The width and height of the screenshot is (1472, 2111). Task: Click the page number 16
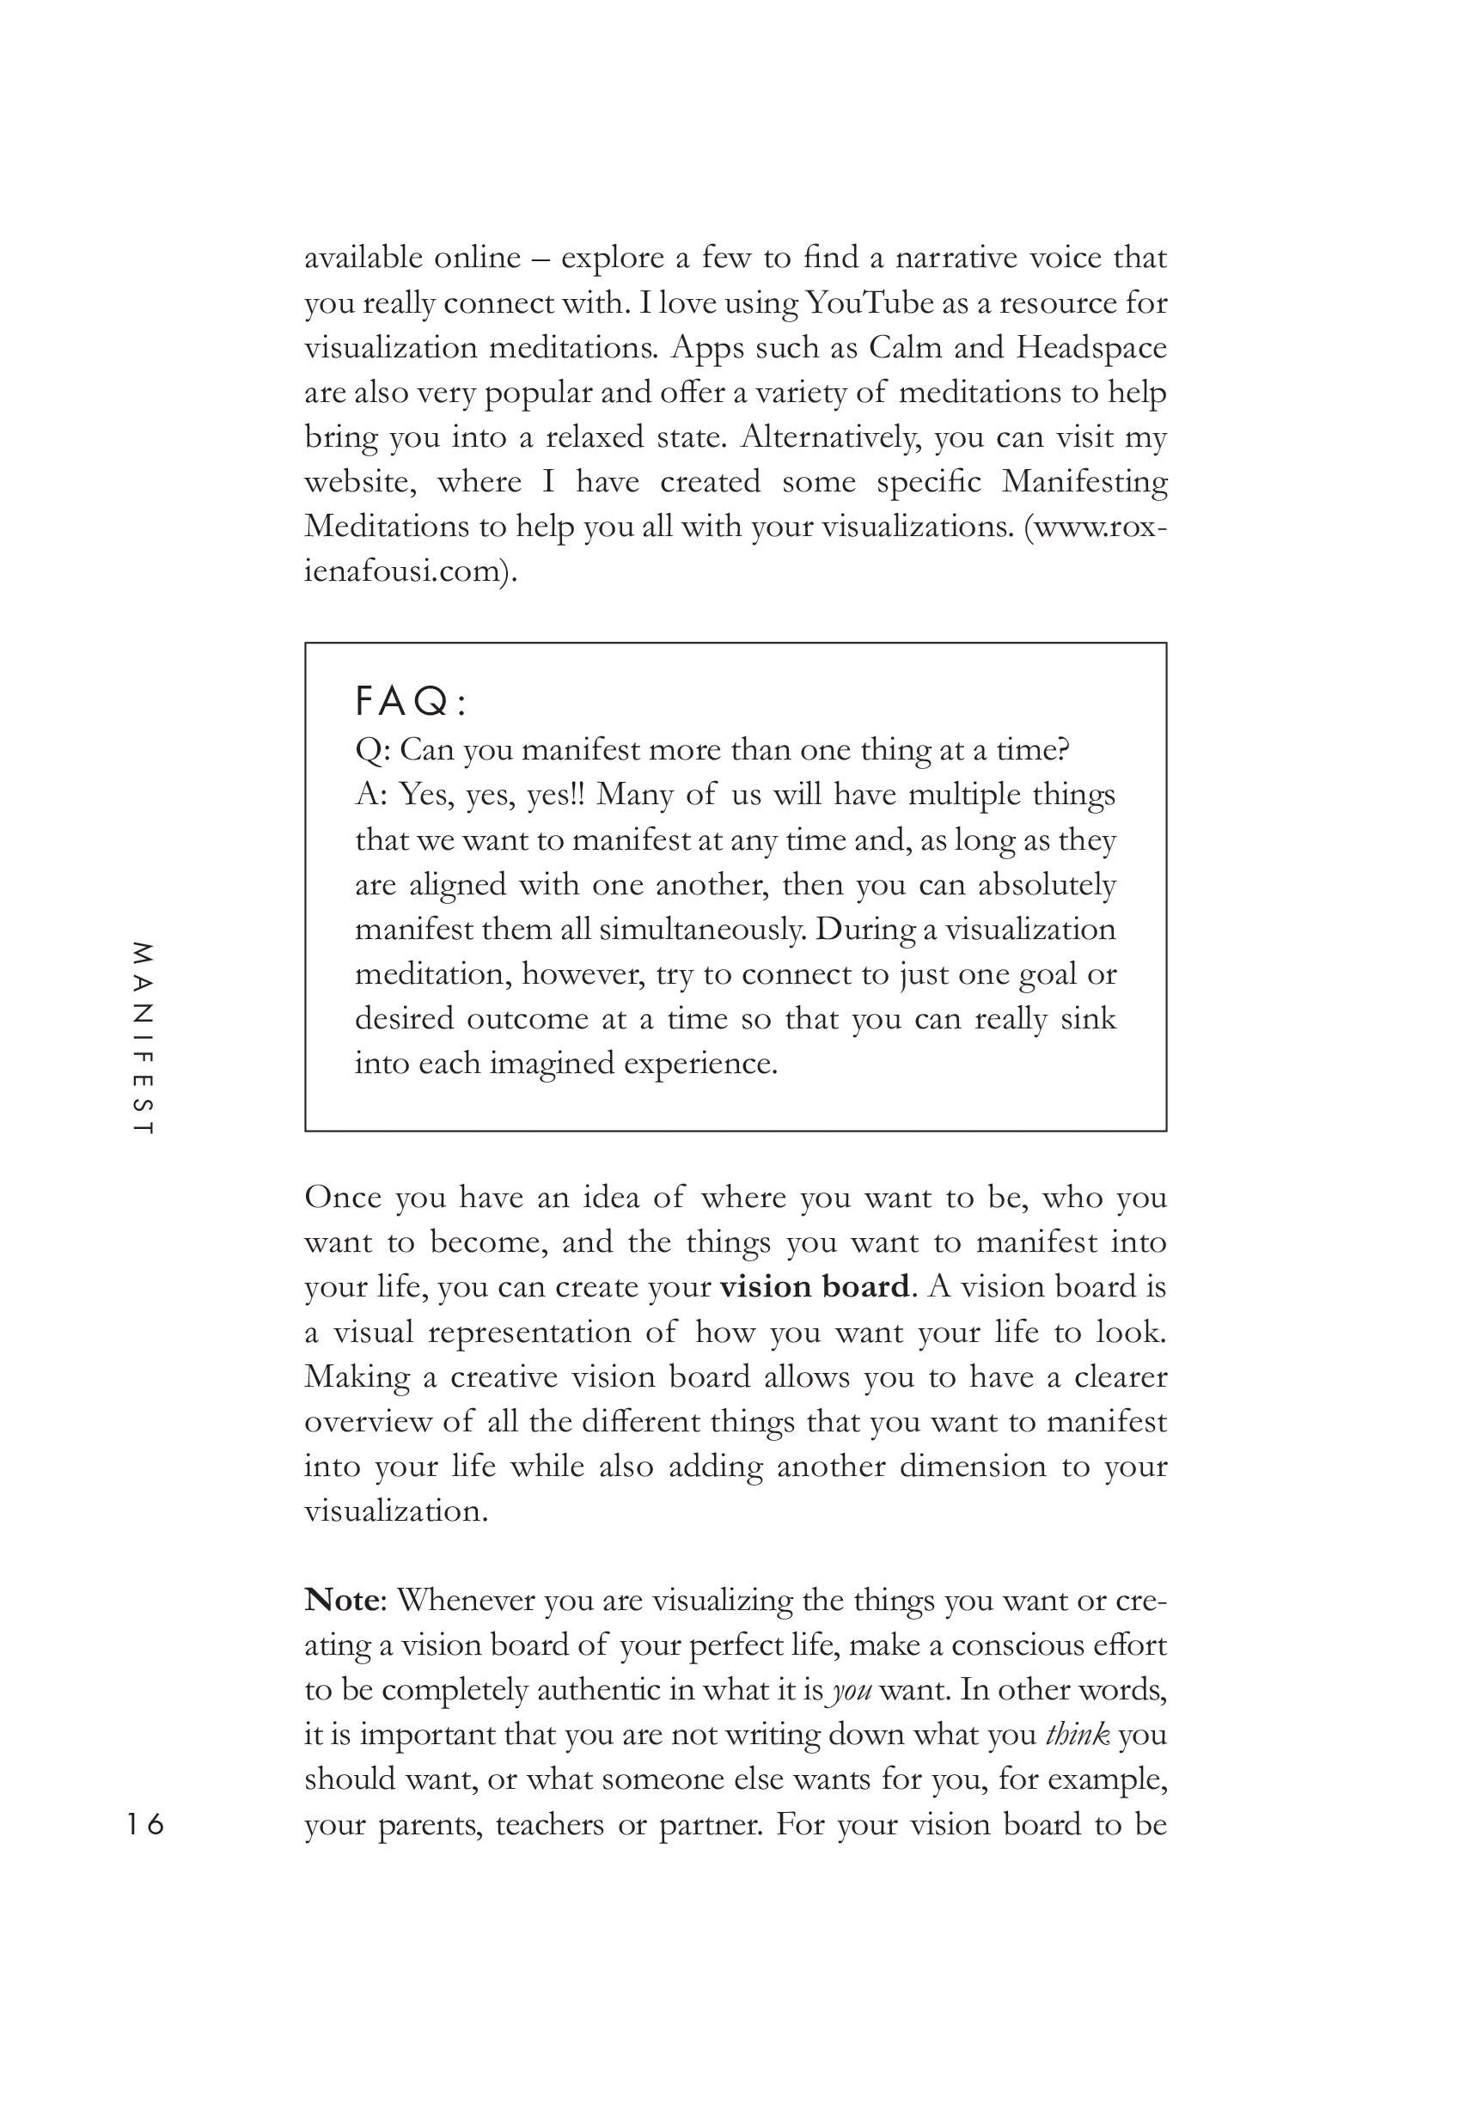145,1823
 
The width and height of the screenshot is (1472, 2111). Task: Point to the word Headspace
1091,348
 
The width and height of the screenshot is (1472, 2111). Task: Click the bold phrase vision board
815,1285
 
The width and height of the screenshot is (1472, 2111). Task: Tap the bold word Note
341,1600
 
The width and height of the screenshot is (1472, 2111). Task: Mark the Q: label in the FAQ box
373,750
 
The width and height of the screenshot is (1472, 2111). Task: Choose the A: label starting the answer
371,795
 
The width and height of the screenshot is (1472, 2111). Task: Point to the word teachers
550,1824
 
